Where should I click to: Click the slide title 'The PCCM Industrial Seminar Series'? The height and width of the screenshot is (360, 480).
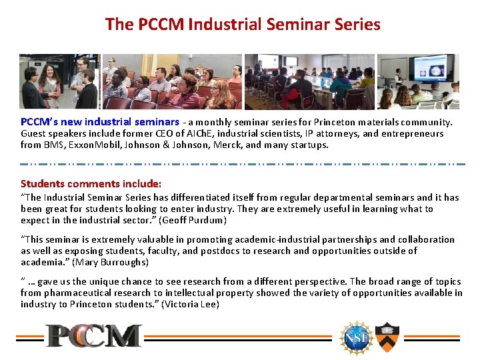tap(243, 25)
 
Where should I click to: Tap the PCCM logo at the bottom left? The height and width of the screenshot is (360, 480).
tap(93, 335)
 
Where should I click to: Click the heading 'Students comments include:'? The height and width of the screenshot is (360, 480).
tap(91, 183)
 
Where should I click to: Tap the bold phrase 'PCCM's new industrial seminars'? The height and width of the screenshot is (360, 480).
tap(100, 122)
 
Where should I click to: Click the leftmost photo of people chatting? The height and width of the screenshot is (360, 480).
tap(59, 81)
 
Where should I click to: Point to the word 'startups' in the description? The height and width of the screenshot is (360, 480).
tap(309, 145)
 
